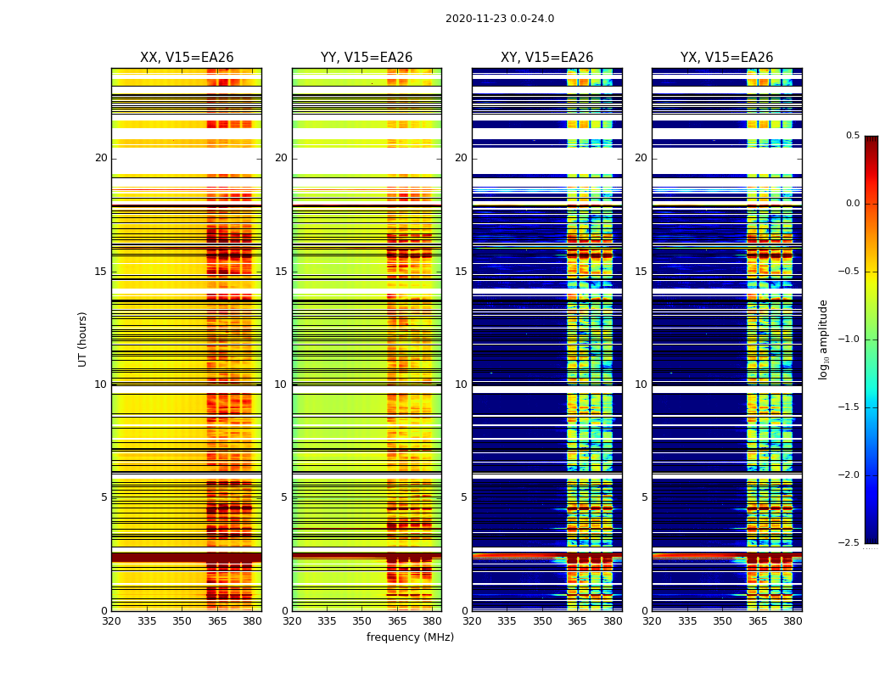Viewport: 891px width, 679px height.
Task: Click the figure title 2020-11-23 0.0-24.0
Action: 500,19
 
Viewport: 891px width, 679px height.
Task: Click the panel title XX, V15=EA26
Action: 187,58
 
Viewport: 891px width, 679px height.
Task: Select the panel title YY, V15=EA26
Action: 367,58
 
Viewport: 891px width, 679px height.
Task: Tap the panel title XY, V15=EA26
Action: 546,58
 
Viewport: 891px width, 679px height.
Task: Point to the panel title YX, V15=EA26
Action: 727,58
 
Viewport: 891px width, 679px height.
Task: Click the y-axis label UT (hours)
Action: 82,339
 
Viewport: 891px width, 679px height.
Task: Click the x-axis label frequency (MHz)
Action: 410,637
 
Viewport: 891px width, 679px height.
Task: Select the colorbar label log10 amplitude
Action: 823,339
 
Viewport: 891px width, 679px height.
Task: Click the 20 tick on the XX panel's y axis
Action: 101,158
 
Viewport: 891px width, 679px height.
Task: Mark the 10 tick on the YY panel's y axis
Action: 281,384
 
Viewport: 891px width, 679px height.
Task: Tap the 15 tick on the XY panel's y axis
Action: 461,272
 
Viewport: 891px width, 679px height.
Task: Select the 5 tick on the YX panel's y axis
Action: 644,497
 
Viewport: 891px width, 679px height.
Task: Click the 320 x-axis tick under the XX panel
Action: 111,621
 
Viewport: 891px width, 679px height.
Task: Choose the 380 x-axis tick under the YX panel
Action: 793,621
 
